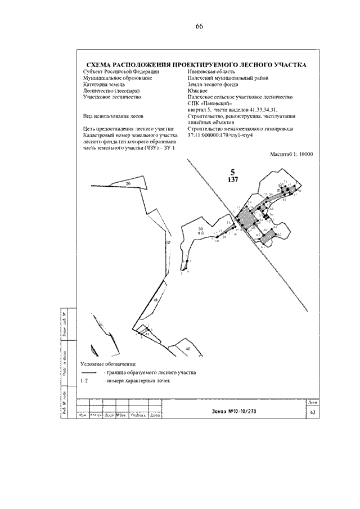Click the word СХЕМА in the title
click(100, 65)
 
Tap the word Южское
click(198, 91)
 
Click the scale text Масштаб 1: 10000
click(291, 169)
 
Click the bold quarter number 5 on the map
click(232, 172)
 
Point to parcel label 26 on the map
click(128, 184)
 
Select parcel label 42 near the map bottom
click(188, 349)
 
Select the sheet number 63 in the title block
click(313, 412)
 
